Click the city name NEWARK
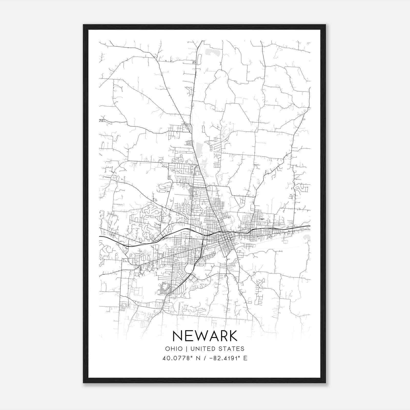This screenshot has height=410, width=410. pyautogui.click(x=205, y=336)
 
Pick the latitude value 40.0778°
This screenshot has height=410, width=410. pyautogui.click(x=177, y=358)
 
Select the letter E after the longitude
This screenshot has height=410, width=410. pyautogui.click(x=245, y=358)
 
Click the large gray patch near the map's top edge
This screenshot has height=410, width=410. pyautogui.click(x=211, y=52)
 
